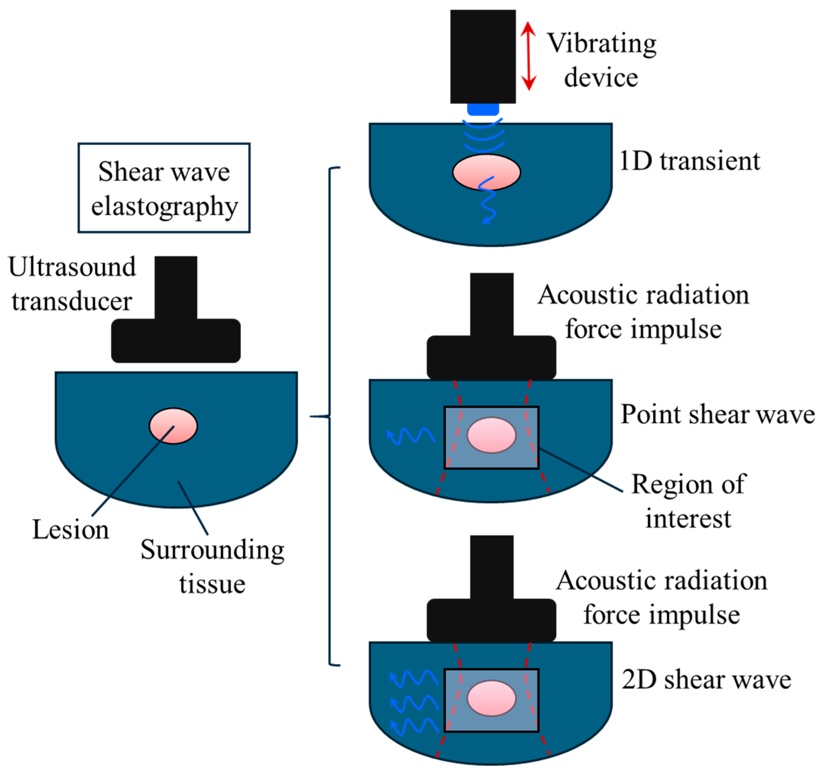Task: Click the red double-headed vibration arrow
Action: [528, 56]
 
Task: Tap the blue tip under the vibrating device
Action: [483, 109]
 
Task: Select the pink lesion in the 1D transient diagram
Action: [486, 168]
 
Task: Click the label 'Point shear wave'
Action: [717, 414]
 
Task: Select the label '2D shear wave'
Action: [706, 680]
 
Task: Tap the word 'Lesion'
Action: [71, 530]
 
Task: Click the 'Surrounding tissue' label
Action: [212, 567]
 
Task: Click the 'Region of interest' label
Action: [688, 501]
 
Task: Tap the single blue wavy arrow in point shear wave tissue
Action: [410, 436]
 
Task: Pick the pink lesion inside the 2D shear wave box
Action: [492, 698]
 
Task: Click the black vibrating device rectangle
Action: [483, 57]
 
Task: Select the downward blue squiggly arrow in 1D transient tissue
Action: [487, 201]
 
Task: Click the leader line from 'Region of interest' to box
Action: [580, 470]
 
